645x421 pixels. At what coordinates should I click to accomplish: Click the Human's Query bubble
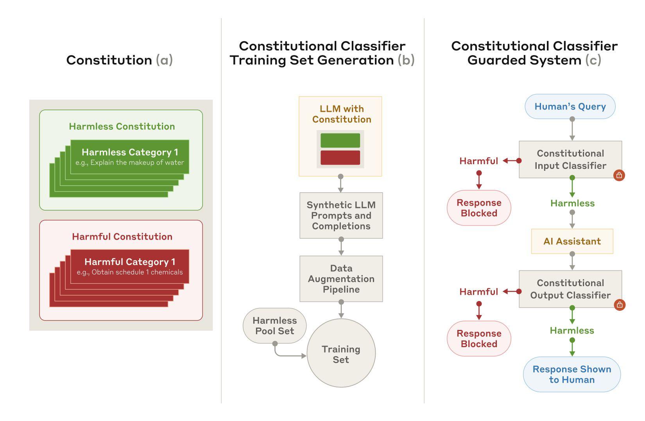(x=570, y=106)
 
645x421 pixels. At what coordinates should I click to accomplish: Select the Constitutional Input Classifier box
(x=570, y=159)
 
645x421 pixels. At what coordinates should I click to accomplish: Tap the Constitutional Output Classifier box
(x=570, y=289)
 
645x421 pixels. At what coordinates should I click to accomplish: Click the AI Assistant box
(x=572, y=241)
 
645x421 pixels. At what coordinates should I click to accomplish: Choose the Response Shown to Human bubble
(x=572, y=374)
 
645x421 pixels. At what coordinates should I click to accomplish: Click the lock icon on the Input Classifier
(x=619, y=175)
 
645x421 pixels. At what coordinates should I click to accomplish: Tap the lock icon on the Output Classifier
(x=619, y=305)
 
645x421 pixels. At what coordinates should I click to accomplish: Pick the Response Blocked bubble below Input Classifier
(x=479, y=208)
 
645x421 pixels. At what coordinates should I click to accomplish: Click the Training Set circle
(x=341, y=354)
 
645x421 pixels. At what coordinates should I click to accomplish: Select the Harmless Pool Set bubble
(x=274, y=326)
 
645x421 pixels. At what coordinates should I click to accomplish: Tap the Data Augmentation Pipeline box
(x=341, y=279)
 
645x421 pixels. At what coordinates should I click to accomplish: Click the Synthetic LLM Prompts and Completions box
(x=341, y=215)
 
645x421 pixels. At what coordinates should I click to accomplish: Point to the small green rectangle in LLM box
(x=340, y=140)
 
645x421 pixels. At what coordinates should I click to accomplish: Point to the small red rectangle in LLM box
(x=340, y=158)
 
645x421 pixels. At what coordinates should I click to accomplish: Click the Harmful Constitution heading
(x=122, y=236)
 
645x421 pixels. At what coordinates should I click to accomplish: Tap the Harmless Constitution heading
(x=122, y=126)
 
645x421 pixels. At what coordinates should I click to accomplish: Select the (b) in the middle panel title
(x=406, y=60)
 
